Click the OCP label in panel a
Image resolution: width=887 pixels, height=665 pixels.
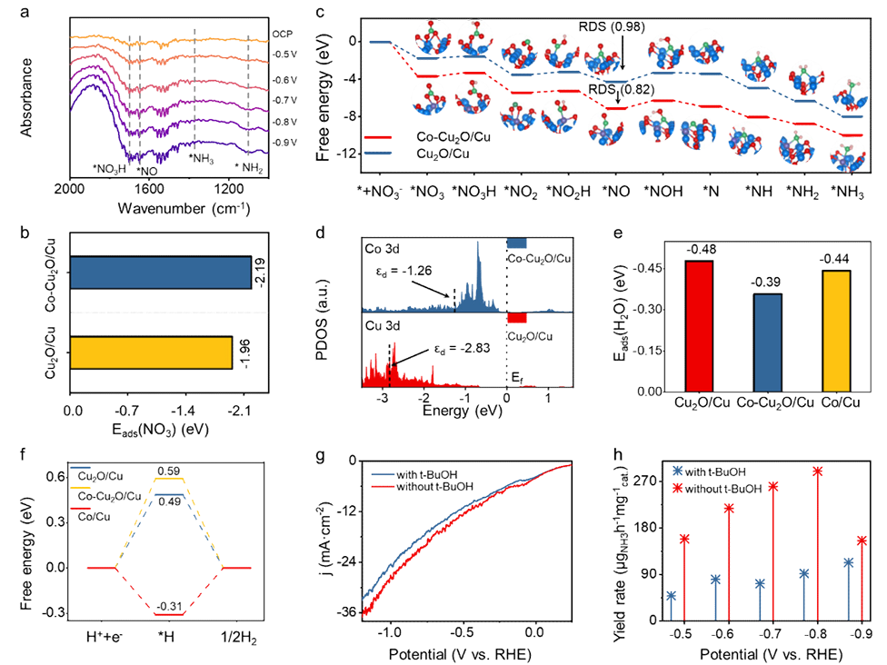(x=282, y=34)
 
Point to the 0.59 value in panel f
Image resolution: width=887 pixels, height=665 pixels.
(x=170, y=470)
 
